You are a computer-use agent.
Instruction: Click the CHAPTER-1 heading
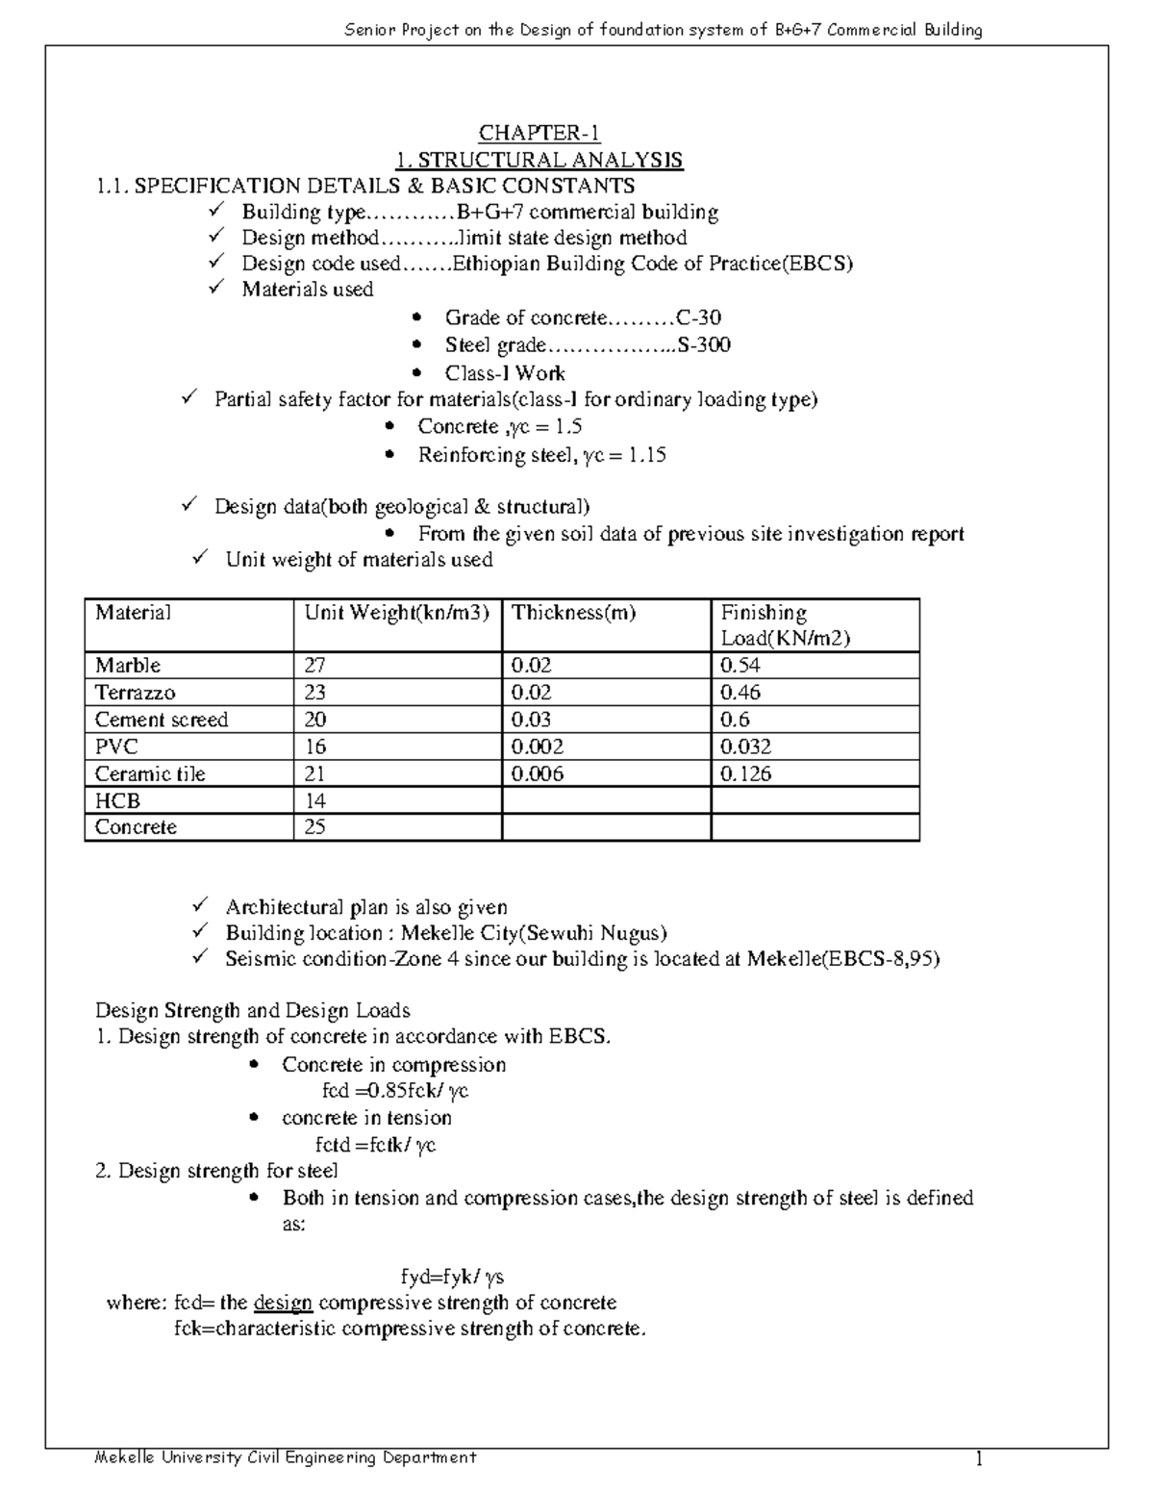pos(539,134)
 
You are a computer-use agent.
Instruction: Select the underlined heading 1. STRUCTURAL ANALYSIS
pos(539,160)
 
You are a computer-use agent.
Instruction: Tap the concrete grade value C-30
pos(699,318)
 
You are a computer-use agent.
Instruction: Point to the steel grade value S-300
pos(704,345)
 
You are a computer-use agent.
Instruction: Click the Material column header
pos(133,613)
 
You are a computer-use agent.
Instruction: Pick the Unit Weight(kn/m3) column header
pos(397,613)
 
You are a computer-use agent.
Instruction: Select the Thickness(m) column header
pos(573,613)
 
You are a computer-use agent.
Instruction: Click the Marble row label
pos(128,666)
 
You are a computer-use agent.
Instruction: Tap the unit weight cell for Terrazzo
pos(315,693)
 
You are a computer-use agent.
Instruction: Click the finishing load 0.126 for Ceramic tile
pos(745,773)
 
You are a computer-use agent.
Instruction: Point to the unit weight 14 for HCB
pos(315,800)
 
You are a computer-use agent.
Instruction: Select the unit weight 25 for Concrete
pos(315,827)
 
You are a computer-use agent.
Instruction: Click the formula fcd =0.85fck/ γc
pos(394,1091)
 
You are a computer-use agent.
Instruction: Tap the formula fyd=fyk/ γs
pos(452,1278)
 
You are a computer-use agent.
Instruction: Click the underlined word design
pos(283,1304)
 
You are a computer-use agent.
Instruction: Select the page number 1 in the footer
pos(979,1460)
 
